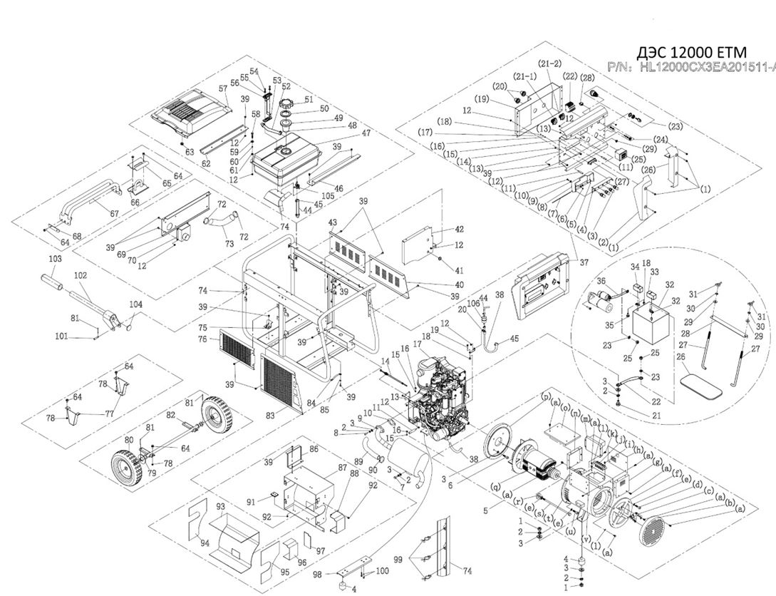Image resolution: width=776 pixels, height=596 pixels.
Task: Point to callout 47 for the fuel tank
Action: coord(366,133)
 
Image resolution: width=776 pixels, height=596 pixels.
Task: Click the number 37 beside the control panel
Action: coord(584,262)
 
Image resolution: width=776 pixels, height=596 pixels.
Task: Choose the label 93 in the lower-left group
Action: coord(220,507)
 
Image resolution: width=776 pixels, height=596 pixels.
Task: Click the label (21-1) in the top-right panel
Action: coord(527,76)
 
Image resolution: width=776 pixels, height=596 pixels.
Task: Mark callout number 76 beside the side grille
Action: coord(202,339)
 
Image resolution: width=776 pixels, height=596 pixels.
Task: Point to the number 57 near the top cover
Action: coord(223,88)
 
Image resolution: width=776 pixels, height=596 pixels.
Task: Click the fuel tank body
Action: coord(291,165)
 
